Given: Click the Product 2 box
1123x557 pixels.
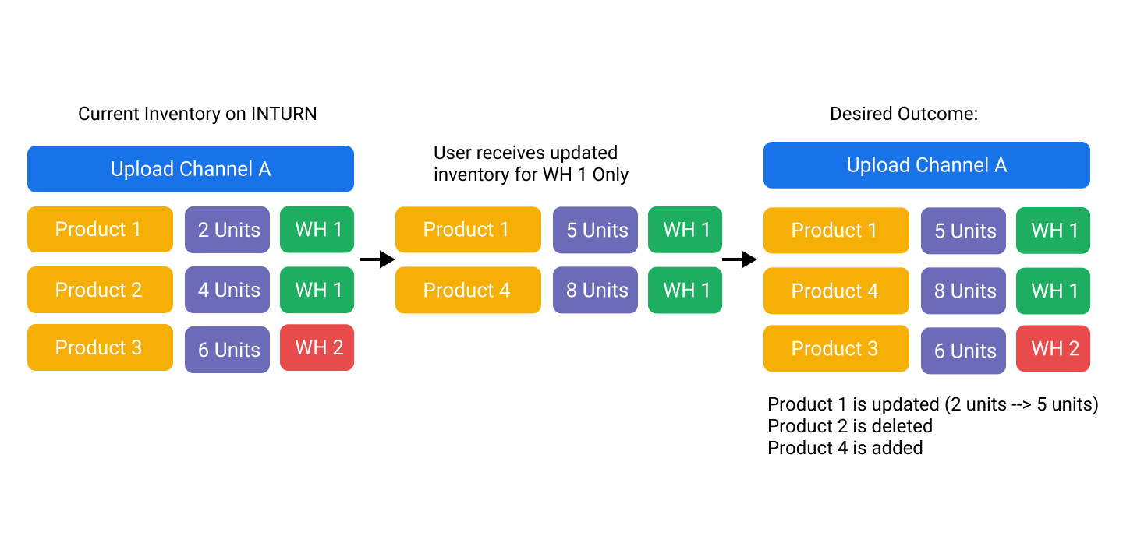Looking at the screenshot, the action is pos(101,290).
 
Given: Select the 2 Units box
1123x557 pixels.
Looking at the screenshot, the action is pos(227,230).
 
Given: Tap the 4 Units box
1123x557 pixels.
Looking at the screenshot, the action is pos(227,290).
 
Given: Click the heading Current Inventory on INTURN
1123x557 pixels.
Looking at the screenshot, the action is pos(197,114).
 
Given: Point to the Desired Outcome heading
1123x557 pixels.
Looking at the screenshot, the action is pos(903,114).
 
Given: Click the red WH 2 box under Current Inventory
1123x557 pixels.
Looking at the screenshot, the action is pos(317,347).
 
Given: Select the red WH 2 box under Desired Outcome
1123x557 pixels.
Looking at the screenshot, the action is pos(1053,349).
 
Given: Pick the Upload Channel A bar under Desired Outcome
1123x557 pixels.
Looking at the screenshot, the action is pos(926,165).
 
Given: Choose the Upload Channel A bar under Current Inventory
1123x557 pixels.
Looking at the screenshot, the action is pos(190,169).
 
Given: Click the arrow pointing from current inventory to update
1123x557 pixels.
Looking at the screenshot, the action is pos(377,259).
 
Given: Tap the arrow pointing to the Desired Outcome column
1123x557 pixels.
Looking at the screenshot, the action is pos(739,259).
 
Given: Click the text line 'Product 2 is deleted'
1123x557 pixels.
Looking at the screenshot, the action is pos(850,426).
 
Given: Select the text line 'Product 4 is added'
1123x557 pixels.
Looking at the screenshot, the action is pos(845,448).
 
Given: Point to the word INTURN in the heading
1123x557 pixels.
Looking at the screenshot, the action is pos(284,114).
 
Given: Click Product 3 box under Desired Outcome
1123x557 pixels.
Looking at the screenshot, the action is pos(836,349).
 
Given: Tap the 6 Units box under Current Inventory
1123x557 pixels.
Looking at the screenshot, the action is pos(227,350).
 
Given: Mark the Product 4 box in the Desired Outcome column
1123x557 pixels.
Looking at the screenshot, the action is pos(836,291).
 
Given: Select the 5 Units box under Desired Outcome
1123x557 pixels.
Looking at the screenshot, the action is pos(963,231).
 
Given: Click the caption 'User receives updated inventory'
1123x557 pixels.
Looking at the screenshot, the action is pos(530,164).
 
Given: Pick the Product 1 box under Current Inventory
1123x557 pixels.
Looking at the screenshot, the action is pos(101,229).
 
